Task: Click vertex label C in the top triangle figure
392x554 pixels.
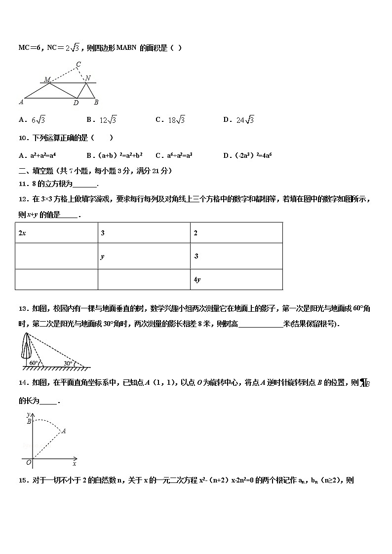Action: [78, 64]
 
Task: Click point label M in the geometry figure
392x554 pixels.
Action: [47, 79]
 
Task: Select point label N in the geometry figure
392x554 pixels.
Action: [87, 78]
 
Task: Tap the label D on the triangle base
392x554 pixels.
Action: [76, 103]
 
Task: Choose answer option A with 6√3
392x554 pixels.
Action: [32, 119]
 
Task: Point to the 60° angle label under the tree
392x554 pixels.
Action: [34, 363]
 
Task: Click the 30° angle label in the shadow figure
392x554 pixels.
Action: [68, 363]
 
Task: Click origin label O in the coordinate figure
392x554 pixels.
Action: [29, 462]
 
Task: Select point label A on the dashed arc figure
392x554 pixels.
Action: [64, 431]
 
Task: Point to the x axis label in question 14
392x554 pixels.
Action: [74, 464]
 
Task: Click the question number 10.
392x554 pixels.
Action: [22, 138]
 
